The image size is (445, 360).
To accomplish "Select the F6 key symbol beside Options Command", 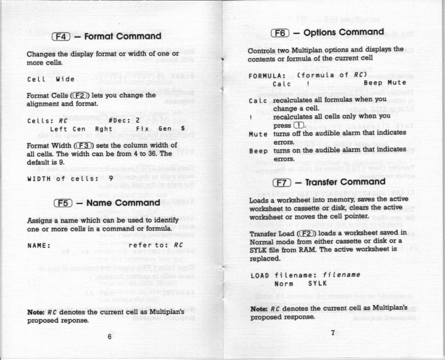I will click(281, 33).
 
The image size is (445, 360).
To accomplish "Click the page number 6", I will click(110, 336).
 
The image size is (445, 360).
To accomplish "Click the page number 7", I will click(333, 333).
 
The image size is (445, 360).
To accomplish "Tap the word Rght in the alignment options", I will click(103, 129).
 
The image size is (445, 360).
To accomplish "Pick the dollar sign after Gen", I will click(182, 129).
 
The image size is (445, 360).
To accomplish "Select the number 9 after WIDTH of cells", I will click(110, 178).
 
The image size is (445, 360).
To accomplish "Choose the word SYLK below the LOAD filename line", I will click(317, 283).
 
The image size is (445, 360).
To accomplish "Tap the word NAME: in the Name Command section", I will click(39, 245).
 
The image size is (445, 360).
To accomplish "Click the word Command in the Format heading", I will click(139, 36).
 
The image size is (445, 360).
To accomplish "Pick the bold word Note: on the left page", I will click(38, 312).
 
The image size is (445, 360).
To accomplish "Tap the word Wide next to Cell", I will click(65, 79).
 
